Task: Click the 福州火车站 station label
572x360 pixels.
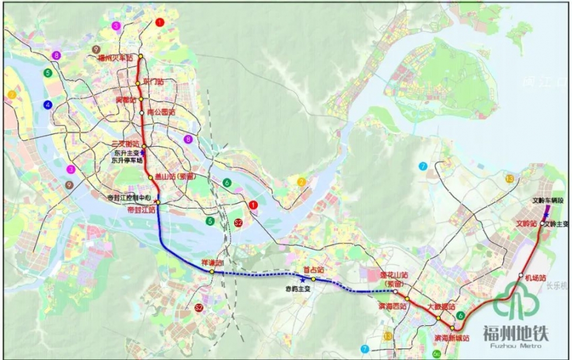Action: click(x=116, y=58)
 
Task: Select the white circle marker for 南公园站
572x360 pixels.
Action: click(x=141, y=112)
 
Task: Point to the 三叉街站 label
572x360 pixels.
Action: click(x=125, y=144)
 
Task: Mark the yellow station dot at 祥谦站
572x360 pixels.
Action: click(x=212, y=272)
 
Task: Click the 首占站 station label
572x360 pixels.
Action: click(x=313, y=271)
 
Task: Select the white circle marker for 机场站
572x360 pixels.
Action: click(x=521, y=276)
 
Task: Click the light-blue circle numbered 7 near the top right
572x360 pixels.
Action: click(x=423, y=166)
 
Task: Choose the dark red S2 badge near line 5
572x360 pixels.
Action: click(x=238, y=223)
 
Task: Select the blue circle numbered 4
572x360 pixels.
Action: click(x=47, y=105)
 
